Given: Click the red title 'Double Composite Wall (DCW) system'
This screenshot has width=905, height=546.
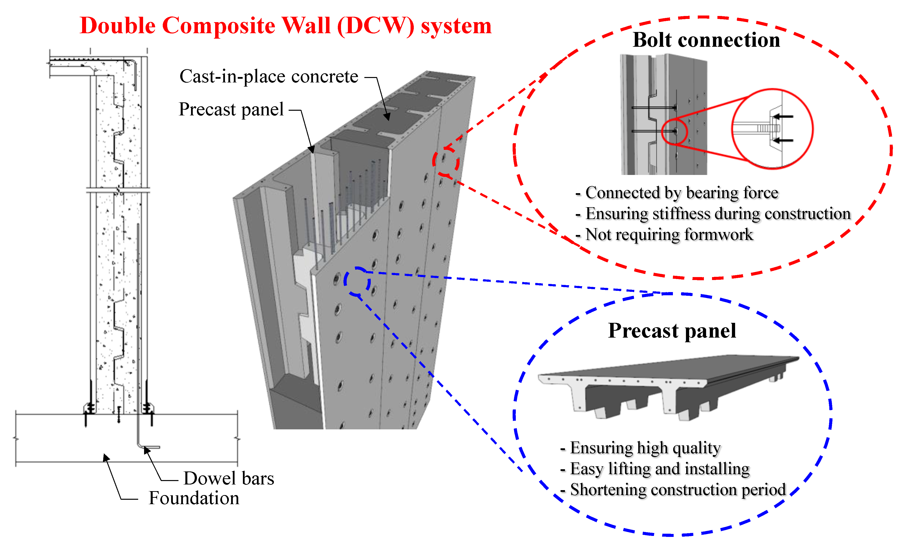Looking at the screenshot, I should tap(285, 26).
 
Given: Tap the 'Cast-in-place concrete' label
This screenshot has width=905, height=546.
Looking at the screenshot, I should tap(268, 77).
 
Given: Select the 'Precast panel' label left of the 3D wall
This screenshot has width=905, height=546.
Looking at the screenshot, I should tap(231, 109).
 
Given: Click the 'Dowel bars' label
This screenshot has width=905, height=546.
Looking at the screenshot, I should tap(228, 478).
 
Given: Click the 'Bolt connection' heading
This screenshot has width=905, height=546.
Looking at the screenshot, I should tap(706, 40).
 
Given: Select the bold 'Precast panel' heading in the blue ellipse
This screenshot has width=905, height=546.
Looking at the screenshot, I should tap(672, 330).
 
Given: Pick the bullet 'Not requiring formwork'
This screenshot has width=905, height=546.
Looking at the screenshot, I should tap(668, 234).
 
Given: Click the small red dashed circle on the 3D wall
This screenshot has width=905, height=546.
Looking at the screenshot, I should tap(445, 161).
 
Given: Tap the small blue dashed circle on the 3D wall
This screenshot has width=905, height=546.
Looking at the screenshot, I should tap(357, 281).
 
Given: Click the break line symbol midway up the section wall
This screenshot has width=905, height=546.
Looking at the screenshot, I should tap(118, 190).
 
